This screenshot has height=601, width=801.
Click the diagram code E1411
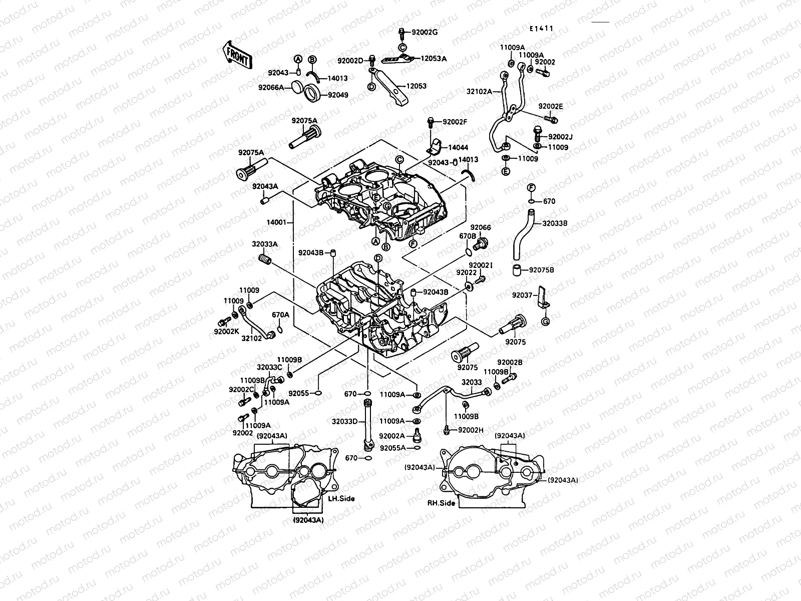point(542,29)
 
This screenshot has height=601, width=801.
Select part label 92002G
point(425,32)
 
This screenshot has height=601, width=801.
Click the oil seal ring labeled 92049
point(313,93)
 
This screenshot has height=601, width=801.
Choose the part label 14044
point(458,148)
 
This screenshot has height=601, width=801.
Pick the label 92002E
point(551,107)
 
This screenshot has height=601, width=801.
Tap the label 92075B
point(541,269)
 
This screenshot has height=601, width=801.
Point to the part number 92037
point(522,295)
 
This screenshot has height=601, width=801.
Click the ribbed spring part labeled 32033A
point(265,260)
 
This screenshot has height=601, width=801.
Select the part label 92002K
point(227,331)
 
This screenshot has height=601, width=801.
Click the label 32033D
point(344,421)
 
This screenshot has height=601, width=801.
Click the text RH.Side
point(441,503)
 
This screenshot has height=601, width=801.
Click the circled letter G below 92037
point(546,321)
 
